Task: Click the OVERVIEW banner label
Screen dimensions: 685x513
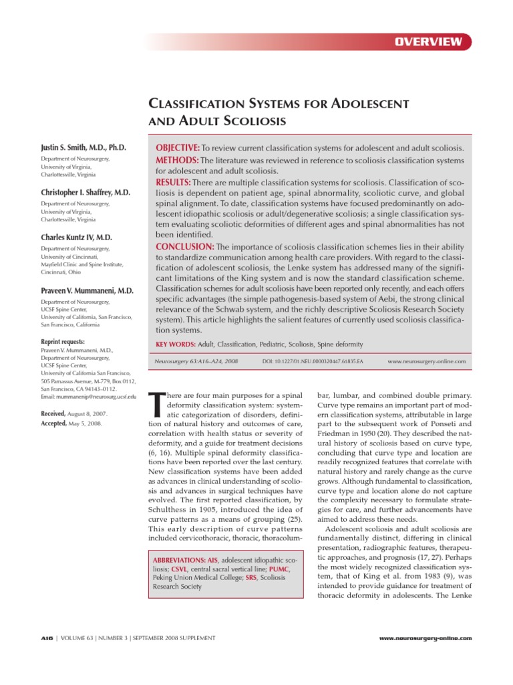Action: pyautogui.click(x=428, y=42)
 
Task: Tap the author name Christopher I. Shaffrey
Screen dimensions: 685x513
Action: pyautogui.click(x=85, y=192)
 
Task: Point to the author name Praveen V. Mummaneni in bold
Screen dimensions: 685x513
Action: pyautogui.click(x=87, y=290)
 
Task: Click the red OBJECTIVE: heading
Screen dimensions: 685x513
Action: pyautogui.click(x=177, y=147)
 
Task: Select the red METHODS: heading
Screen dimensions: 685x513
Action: pyautogui.click(x=176, y=161)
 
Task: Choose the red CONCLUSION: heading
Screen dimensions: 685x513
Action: pyautogui.click(x=183, y=246)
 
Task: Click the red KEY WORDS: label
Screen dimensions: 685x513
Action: pyautogui.click(x=175, y=344)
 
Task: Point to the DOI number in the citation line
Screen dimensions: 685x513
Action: pyautogui.click(x=313, y=361)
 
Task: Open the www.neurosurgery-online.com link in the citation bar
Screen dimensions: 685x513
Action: pyautogui.click(x=426, y=361)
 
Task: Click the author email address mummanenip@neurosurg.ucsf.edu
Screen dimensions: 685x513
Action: pyautogui.click(x=87, y=397)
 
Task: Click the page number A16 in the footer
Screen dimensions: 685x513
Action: pyautogui.click(x=47, y=638)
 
